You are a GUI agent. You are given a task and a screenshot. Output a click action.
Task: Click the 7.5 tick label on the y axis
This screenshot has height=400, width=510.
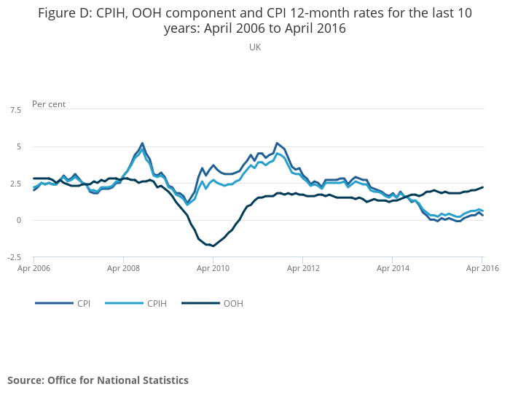pyautogui.click(x=15, y=110)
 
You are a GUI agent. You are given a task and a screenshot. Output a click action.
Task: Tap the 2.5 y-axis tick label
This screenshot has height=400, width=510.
pyautogui.click(x=15, y=184)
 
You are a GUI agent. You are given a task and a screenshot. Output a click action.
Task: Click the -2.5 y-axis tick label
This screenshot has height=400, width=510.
pyautogui.click(x=14, y=256)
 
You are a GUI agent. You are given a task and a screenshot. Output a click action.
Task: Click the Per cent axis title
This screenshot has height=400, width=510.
pyautogui.click(x=49, y=104)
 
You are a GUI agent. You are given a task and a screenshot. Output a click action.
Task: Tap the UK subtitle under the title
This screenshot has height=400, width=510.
pyautogui.click(x=255, y=47)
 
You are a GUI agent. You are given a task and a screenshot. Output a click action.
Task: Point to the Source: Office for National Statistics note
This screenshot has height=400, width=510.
pyautogui.click(x=98, y=380)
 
